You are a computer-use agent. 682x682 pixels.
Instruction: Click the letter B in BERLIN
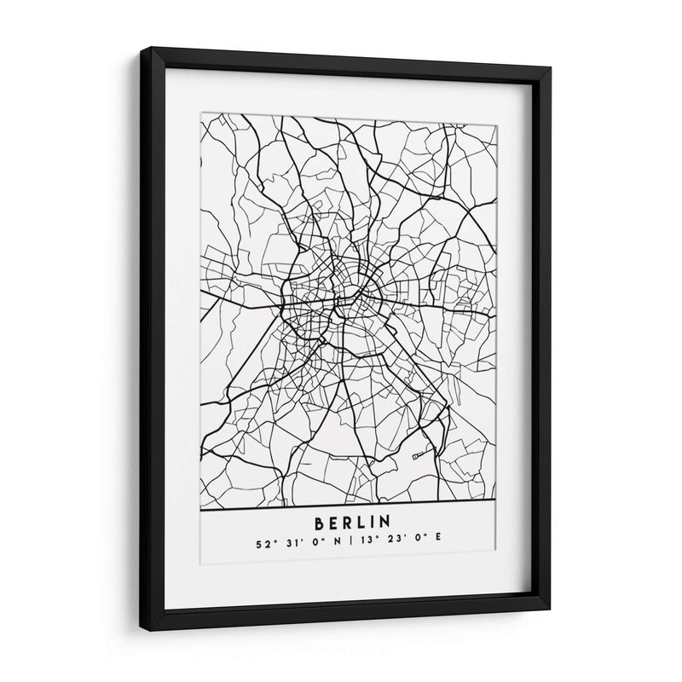pos(320,519)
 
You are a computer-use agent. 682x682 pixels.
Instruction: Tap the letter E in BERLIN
pos(333,519)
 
